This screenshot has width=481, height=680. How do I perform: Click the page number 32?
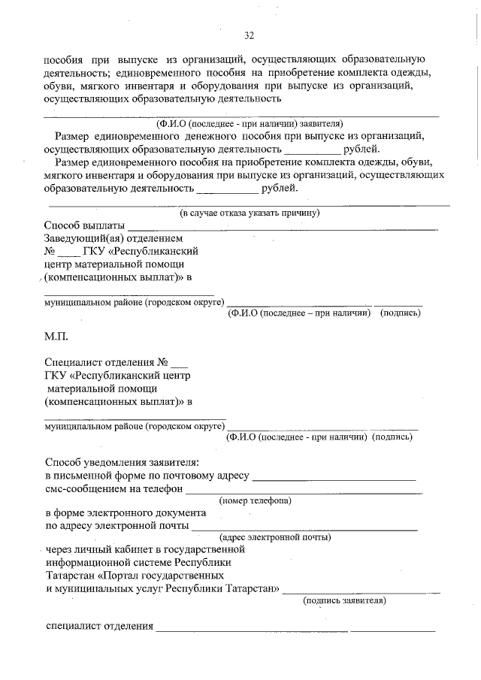(x=249, y=35)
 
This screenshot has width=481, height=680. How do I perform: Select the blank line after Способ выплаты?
(x=282, y=228)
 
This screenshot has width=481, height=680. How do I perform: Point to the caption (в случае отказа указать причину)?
(x=250, y=213)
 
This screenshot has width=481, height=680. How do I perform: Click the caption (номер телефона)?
(x=256, y=500)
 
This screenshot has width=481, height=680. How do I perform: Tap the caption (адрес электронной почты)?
(x=275, y=537)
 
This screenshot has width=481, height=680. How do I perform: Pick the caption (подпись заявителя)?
(x=345, y=600)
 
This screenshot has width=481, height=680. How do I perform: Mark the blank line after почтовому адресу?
(x=334, y=479)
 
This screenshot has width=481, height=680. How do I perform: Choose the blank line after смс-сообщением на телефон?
(x=304, y=492)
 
